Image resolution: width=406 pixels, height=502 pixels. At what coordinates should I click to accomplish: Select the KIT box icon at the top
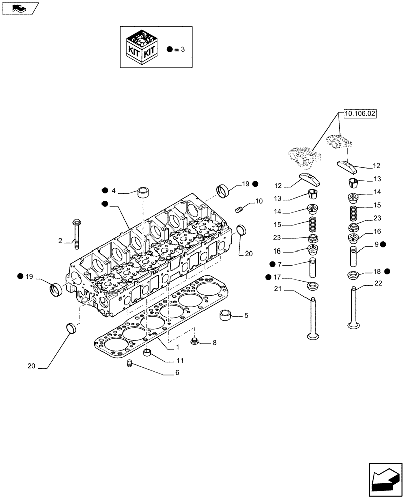143,47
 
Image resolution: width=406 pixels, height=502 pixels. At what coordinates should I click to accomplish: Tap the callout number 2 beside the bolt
60,241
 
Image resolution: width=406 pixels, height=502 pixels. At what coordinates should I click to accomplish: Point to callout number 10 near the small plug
259,201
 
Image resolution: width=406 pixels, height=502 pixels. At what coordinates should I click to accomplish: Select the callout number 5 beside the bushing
246,316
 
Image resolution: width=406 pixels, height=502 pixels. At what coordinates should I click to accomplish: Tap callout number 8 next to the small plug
214,343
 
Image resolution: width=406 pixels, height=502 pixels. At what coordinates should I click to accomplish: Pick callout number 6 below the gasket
177,373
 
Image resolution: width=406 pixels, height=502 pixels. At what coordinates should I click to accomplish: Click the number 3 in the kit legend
183,49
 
